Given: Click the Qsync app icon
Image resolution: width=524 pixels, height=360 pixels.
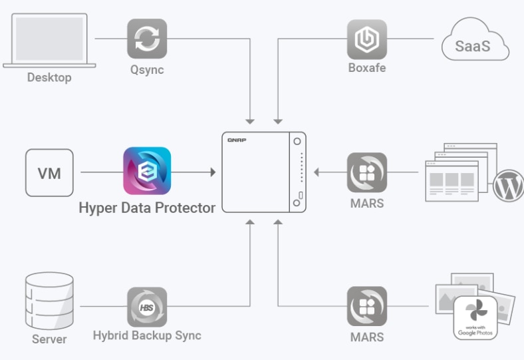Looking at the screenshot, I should (147, 39).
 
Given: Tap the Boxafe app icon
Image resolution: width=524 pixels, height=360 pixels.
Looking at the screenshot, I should (366, 39).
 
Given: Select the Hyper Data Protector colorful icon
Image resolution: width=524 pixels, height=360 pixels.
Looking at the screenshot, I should (147, 171).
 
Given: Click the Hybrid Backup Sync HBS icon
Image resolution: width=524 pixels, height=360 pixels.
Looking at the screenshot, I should (147, 307).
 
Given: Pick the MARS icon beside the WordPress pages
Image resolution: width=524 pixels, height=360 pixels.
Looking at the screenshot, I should (366, 172).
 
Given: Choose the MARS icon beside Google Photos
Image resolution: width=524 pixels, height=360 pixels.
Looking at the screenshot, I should (366, 307).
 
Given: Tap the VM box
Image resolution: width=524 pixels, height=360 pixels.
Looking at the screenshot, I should (49, 173).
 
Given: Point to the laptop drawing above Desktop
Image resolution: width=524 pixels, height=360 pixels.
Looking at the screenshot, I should (49, 41).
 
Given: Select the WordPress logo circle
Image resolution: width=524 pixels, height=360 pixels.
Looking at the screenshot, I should (509, 186).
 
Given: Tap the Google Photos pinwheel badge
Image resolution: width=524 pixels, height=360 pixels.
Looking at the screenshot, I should (475, 317).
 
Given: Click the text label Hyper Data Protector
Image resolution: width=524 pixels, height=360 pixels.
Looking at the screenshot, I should (147, 208).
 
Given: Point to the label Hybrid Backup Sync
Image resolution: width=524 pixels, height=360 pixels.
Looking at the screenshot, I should (146, 336).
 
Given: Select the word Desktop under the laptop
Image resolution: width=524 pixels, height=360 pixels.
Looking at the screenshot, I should (49, 78).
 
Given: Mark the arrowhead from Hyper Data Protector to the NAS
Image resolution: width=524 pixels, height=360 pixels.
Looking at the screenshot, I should (213, 172).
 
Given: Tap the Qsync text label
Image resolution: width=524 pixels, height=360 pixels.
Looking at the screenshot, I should (147, 70).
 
